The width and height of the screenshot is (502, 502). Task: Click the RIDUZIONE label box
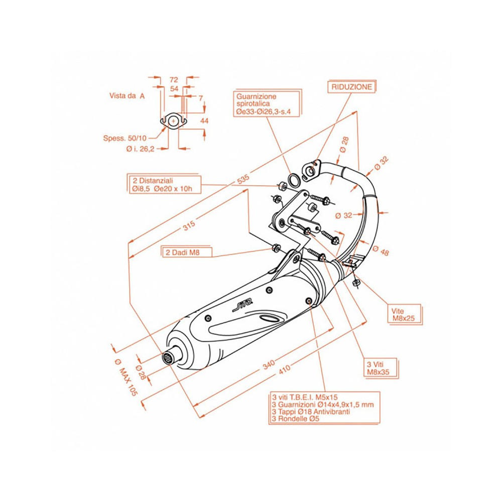pos(352,87)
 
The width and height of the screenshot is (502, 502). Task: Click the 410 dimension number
pos(284,370)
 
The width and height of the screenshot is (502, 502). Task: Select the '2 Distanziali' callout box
pos(163,184)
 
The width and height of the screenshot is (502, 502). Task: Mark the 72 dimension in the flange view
pos(174,80)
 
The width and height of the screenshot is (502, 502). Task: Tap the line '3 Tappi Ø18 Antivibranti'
pos(311,411)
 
